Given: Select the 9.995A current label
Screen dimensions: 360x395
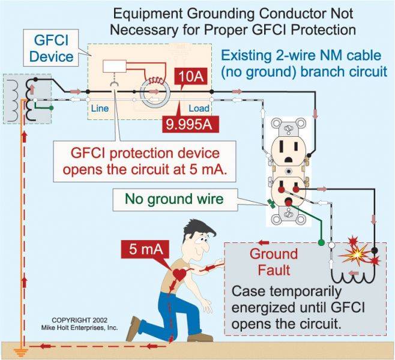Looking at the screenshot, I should coord(189,124).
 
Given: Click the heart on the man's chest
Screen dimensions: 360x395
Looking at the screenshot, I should coord(179,274).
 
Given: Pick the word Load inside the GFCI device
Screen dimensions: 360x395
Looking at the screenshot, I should coord(199,109).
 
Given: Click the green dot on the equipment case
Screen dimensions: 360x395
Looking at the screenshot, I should coord(321,244).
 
